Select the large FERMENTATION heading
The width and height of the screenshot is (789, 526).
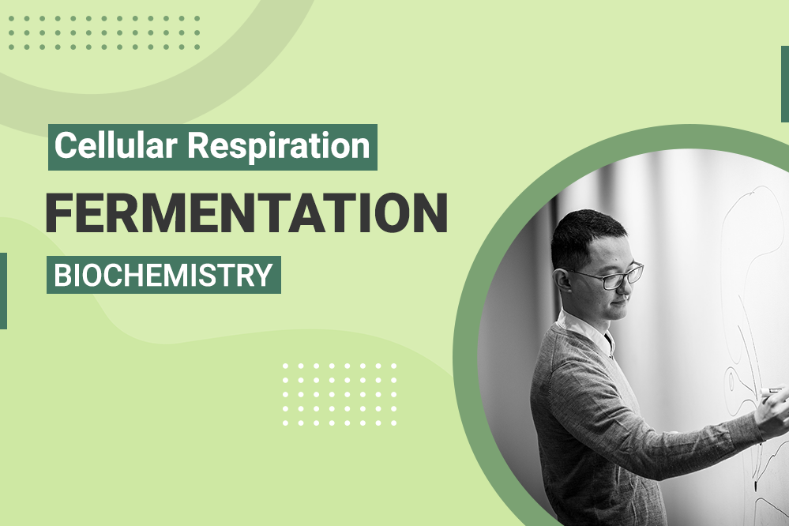click(x=246, y=212)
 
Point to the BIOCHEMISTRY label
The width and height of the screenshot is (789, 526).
click(x=163, y=276)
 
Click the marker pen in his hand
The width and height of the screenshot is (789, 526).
click(x=770, y=390)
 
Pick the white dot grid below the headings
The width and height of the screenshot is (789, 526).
click(x=340, y=395)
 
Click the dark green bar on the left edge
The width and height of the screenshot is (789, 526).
click(x=3, y=291)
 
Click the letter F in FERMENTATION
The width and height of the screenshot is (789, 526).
click(x=61, y=212)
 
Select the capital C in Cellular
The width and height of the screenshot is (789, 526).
click(x=65, y=147)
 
